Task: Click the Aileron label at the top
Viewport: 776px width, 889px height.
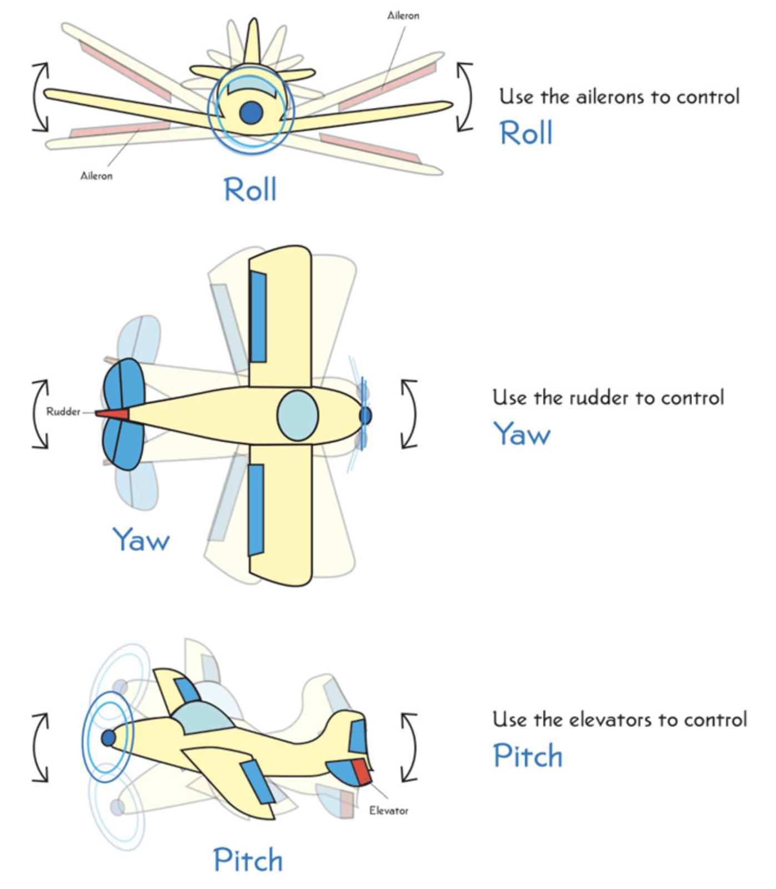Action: [x=403, y=16]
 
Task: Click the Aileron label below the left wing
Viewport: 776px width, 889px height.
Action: [x=96, y=176]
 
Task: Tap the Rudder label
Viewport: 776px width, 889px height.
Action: [x=63, y=412]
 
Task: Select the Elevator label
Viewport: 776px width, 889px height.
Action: [x=388, y=811]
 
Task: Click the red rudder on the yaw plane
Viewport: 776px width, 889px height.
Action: [x=114, y=414]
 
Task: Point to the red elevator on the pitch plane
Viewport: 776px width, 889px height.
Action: [x=362, y=772]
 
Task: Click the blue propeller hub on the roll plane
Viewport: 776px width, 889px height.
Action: [x=251, y=112]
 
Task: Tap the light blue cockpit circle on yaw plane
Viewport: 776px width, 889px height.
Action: [x=297, y=416]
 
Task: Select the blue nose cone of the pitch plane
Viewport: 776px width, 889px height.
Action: [x=108, y=738]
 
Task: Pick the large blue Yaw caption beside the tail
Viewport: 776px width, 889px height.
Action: [x=141, y=539]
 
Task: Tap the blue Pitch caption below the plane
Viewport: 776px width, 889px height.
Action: [x=248, y=860]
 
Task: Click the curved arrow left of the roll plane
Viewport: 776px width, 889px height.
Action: [x=39, y=97]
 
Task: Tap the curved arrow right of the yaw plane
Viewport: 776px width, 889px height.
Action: [x=410, y=414]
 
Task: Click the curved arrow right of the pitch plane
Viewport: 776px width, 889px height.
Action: [x=410, y=747]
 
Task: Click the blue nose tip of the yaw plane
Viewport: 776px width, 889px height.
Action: [x=365, y=415]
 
